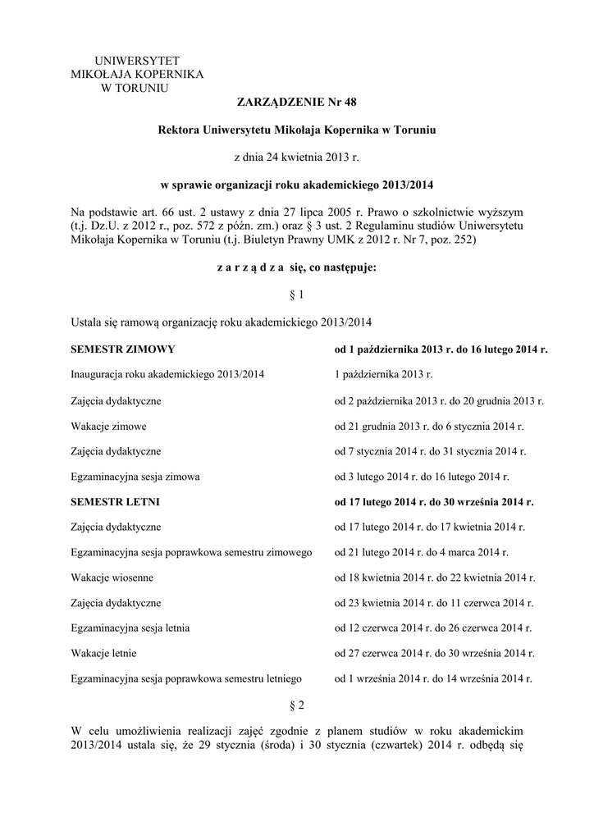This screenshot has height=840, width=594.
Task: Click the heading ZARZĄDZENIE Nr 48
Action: click(x=297, y=102)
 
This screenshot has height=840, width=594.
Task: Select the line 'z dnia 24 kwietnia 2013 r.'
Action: click(x=297, y=156)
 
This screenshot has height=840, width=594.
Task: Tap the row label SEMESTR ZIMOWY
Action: click(x=123, y=349)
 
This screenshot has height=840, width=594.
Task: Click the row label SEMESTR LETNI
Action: click(x=116, y=501)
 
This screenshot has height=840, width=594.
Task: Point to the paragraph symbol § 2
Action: click(x=297, y=705)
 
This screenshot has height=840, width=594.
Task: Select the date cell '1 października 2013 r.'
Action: click(x=383, y=375)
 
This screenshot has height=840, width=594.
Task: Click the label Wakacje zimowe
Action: click(x=109, y=426)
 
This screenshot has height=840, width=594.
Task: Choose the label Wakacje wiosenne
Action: click(x=112, y=577)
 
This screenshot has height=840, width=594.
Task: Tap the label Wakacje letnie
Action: click(x=104, y=654)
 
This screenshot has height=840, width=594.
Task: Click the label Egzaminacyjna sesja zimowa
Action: click(x=136, y=477)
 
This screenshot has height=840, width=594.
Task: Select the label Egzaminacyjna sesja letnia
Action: click(x=131, y=628)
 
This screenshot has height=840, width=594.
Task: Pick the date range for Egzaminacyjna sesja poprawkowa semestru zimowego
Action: click(x=422, y=552)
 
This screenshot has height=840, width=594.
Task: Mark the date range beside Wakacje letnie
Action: click(x=433, y=654)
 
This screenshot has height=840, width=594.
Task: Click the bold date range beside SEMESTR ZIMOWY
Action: click(x=441, y=349)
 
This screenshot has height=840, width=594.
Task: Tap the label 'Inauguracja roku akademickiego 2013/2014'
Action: click(x=168, y=375)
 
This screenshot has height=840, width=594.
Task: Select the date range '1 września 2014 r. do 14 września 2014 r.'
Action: click(x=433, y=679)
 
